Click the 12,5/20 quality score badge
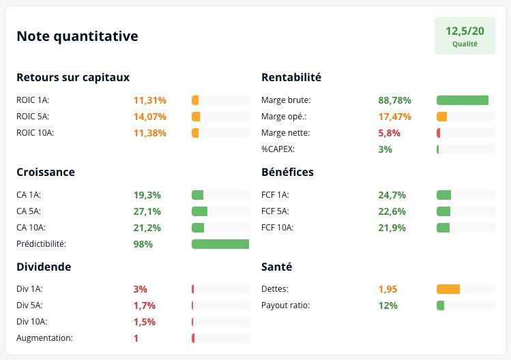pyautogui.click(x=465, y=36)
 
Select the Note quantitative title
pyautogui.click(x=77, y=36)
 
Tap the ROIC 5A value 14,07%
pyautogui.click(x=150, y=117)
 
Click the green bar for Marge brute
pyautogui.click(x=463, y=100)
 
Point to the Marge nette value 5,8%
pyautogui.click(x=389, y=133)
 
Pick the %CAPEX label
pyautogui.click(x=278, y=149)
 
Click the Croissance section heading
pyautogui.click(x=46, y=172)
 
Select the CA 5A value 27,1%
pyautogui.click(x=147, y=211)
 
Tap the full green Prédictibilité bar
pyautogui.click(x=220, y=244)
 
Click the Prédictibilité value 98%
pyautogui.click(x=143, y=244)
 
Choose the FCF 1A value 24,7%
pyautogui.click(x=392, y=195)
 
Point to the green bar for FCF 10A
pyautogui.click(x=443, y=228)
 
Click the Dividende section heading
pyautogui.click(x=44, y=267)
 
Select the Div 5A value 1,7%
pyautogui.click(x=145, y=305)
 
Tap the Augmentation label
pyautogui.click(x=44, y=338)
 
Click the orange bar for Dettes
pyautogui.click(x=448, y=289)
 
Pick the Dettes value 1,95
pyautogui.click(x=388, y=289)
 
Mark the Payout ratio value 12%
pyautogui.click(x=388, y=305)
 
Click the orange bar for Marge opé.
pyautogui.click(x=442, y=117)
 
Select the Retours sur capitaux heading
pyautogui.click(x=73, y=78)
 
